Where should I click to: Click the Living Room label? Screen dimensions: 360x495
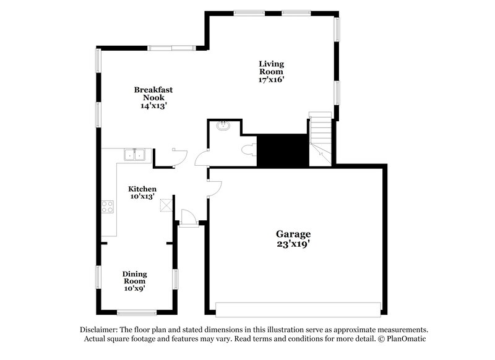coord(272,67)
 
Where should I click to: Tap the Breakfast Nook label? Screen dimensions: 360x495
coord(153,93)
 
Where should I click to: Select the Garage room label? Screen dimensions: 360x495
coord(293,234)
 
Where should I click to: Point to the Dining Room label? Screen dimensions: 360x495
coord(134,277)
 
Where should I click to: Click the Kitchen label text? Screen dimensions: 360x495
coord(142,189)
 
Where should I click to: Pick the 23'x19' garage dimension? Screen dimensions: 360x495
coord(293,244)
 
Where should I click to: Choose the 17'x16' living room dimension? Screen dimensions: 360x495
coord(272,80)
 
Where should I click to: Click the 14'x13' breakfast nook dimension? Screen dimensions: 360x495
coord(153,106)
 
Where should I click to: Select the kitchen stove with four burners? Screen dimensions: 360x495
coord(108,207)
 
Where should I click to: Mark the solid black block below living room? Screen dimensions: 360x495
coord(282,150)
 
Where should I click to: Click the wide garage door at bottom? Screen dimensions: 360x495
coord(298,308)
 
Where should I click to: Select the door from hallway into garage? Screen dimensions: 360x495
coord(213,188)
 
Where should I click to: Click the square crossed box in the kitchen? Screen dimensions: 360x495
coord(165,205)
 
